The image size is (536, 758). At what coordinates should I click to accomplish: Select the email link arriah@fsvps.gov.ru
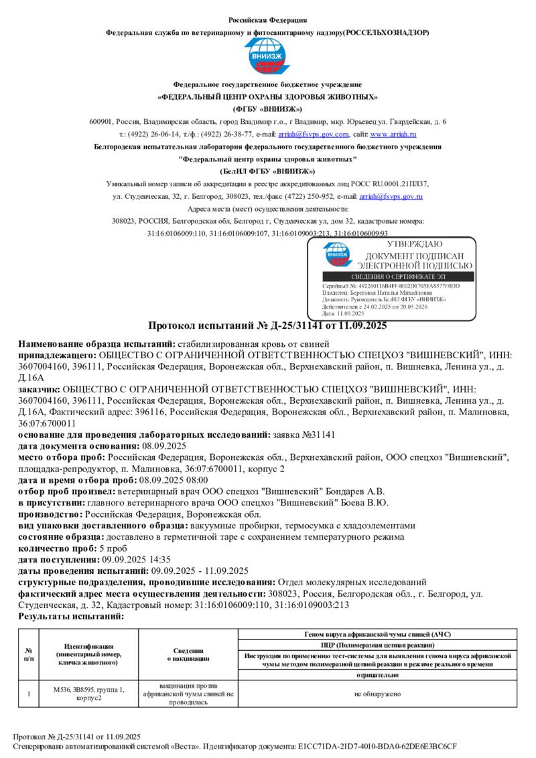(391, 196)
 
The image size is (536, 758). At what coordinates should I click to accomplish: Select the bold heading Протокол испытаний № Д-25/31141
(267, 326)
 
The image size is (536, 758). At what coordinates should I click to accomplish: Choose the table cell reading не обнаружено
(377, 694)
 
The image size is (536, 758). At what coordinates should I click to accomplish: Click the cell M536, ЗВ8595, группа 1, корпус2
(88, 694)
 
